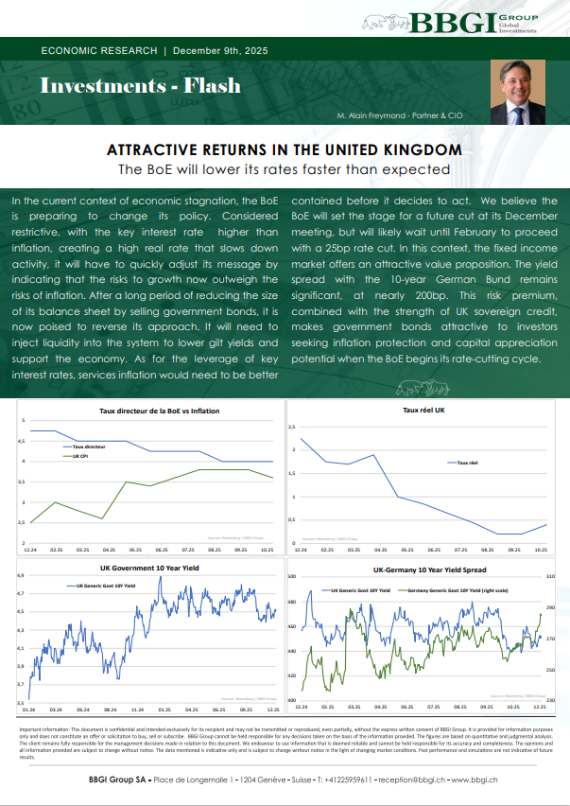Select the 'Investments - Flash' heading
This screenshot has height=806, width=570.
click(140, 86)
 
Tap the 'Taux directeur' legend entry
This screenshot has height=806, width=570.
click(90, 444)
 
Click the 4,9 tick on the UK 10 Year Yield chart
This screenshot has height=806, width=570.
click(20, 575)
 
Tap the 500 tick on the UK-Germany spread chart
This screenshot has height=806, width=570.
click(291, 576)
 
